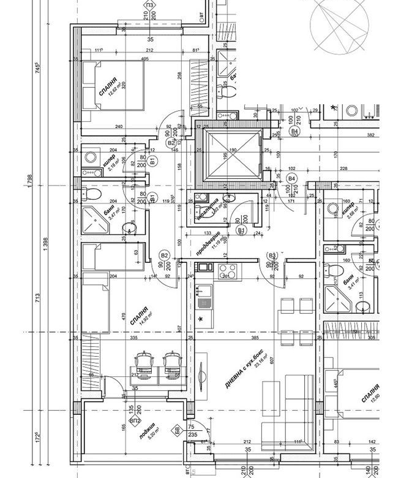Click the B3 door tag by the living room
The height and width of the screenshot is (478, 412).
tap(273, 256)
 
